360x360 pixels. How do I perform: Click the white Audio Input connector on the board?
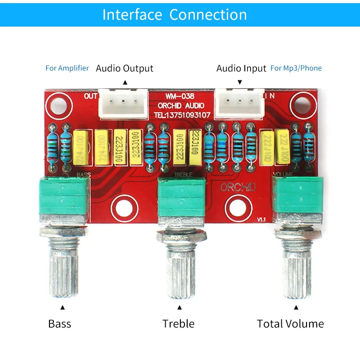[x=238, y=103]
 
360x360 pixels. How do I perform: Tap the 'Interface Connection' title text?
[x=175, y=14]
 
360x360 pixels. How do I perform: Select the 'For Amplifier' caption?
[x=67, y=68]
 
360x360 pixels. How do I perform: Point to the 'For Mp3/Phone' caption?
[x=296, y=68]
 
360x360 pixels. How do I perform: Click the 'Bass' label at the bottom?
[x=60, y=324]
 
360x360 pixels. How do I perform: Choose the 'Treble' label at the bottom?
[x=179, y=324]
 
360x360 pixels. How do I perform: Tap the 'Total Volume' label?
[x=290, y=324]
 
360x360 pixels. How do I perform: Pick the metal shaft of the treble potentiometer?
[x=180, y=270]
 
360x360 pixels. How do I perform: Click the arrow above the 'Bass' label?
[x=63, y=308]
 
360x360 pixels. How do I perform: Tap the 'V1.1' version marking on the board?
[x=262, y=219]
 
